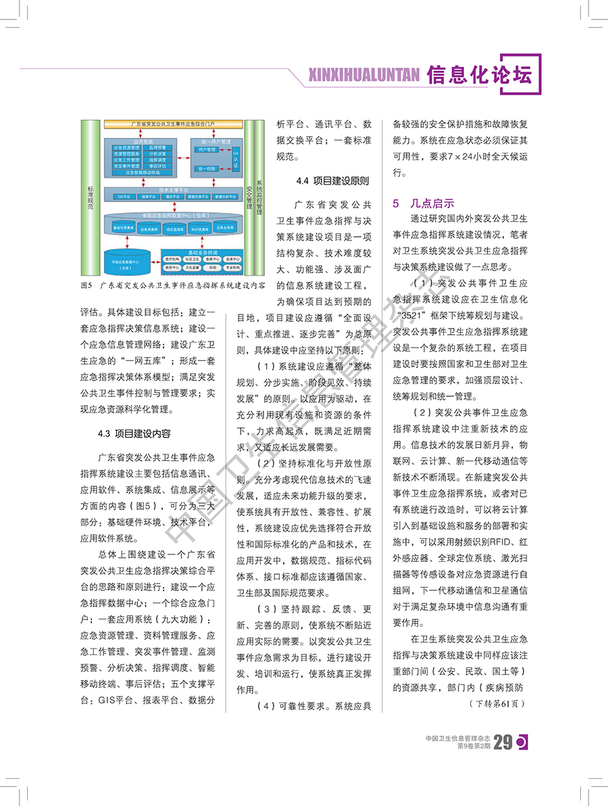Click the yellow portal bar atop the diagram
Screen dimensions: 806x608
[x=173, y=125]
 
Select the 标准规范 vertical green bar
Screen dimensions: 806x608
[x=90, y=196]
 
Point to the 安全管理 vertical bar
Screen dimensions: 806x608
[x=249, y=196]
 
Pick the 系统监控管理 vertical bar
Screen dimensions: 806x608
[x=260, y=196]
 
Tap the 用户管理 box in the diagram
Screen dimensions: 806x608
[x=206, y=149]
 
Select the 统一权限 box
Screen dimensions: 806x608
[x=206, y=168]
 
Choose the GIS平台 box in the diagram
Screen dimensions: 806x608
[x=124, y=197]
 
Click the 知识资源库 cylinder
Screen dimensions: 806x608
[x=199, y=229]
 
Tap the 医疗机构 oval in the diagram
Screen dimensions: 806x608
[x=172, y=259]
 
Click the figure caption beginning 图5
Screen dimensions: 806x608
[x=172, y=286]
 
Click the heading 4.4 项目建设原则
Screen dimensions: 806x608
[x=332, y=181]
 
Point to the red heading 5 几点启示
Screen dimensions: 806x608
[x=424, y=203]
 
